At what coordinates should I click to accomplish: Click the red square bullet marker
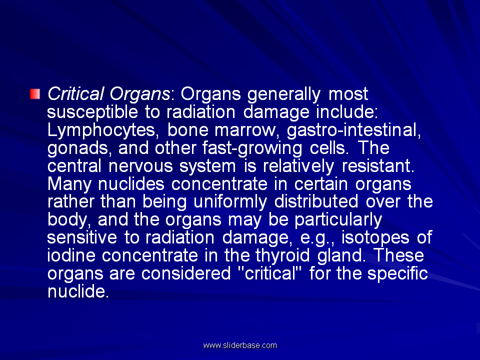(35, 94)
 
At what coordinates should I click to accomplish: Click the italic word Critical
(76, 93)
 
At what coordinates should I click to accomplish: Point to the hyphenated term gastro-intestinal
(354, 130)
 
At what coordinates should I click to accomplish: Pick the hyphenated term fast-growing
(252, 148)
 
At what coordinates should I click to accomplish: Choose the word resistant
(378, 166)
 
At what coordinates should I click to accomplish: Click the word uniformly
(230, 202)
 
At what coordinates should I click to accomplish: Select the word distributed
(316, 201)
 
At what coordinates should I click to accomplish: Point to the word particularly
(338, 220)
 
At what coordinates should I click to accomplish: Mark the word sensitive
(82, 237)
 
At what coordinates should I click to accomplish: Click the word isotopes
(375, 238)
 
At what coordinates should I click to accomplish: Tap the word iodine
(71, 255)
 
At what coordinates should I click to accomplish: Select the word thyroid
(282, 256)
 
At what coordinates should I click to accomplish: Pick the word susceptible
(92, 112)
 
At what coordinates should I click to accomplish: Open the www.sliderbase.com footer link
(240, 345)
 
